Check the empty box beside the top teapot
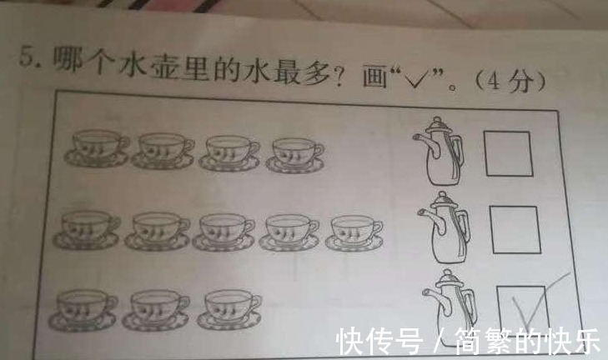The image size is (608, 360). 509,153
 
